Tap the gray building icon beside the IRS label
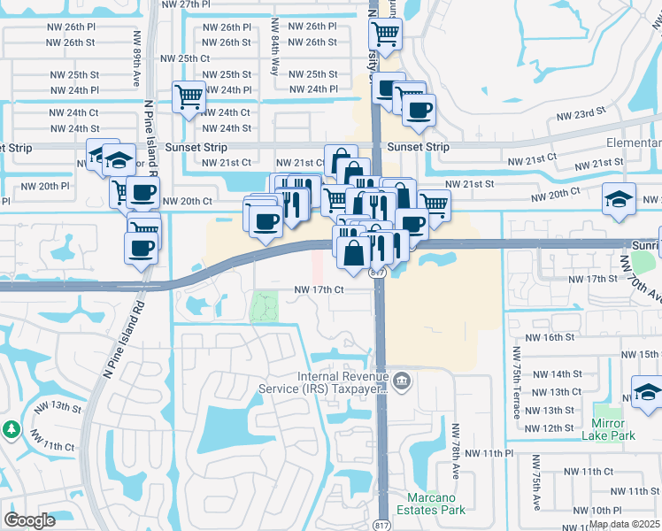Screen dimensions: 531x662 click(x=403, y=381)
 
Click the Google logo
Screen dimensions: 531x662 click(x=30, y=520)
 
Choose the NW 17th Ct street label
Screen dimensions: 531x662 click(x=319, y=289)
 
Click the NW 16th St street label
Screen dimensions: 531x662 click(x=550, y=337)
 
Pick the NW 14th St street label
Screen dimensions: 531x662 click(x=558, y=374)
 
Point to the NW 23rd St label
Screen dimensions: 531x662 click(x=581, y=113)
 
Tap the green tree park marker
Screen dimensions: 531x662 click(x=11, y=430)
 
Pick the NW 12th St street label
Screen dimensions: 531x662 click(x=558, y=428)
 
